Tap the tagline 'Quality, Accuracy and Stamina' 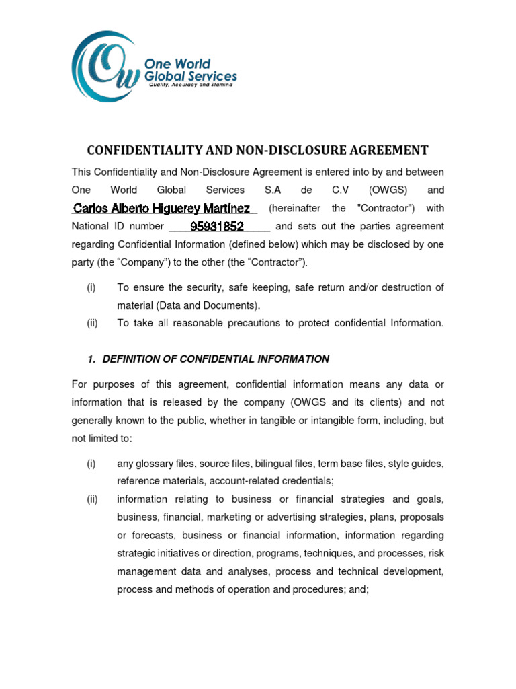pos(191,85)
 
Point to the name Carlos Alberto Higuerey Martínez pos(161,208)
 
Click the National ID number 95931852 pos(216,227)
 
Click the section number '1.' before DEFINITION pos(93,359)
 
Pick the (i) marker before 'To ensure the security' pos(91,287)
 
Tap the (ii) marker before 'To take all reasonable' pos(92,323)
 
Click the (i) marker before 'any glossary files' pos(91,464)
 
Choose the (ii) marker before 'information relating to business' pos(92,499)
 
